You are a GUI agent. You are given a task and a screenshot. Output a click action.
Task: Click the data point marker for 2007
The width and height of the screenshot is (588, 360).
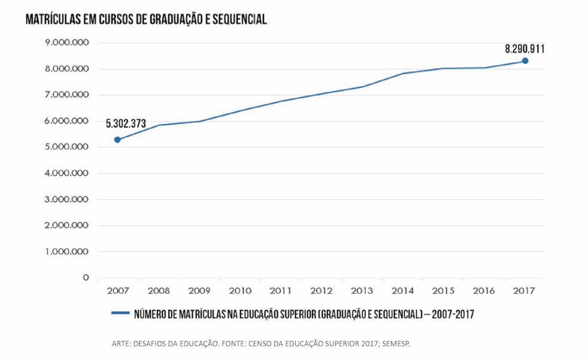coord(118,140)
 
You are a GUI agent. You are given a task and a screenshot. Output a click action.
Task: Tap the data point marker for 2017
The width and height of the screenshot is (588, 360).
coord(525,61)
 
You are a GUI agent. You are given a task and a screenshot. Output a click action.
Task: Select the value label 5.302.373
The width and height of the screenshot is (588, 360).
coord(126,123)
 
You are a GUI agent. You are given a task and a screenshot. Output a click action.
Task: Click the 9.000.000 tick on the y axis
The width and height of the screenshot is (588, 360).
coord(67,43)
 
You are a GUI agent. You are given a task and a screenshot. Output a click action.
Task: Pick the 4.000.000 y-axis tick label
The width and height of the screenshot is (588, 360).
coord(67,173)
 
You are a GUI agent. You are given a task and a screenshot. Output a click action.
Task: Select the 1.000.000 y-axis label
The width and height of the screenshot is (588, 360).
coord(67,251)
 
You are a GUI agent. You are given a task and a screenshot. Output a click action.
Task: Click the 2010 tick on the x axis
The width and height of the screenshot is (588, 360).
coord(240,291)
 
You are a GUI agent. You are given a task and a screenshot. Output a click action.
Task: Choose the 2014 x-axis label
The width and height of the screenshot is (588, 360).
coord(403,291)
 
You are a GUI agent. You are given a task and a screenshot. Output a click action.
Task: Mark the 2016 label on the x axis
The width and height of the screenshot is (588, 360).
coord(484,291)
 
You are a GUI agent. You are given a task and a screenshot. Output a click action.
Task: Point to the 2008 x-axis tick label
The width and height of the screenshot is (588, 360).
coord(158,291)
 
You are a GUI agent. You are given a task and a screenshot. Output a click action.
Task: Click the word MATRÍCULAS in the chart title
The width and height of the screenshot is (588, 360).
coord(53,20)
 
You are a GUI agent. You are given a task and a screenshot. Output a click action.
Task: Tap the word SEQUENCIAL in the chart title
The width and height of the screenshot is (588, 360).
coord(239,20)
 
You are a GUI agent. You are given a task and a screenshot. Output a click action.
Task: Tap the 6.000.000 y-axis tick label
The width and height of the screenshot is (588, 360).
coord(67,121)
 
